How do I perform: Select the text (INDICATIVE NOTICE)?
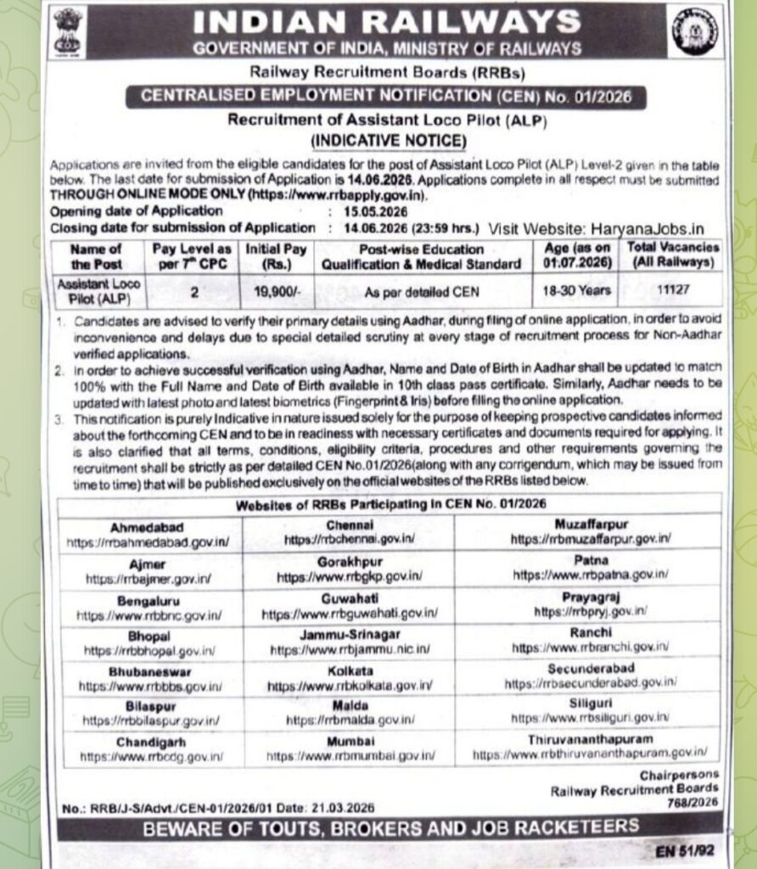pos(388,140)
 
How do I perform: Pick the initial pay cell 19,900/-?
pos(277,291)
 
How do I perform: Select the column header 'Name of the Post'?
pos(96,255)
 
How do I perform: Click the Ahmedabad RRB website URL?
pos(147,541)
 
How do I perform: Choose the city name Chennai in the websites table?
pos(349,525)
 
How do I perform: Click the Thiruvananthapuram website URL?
pos(590,753)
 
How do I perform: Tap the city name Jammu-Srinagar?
pos(349,634)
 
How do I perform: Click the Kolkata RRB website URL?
pos(350,685)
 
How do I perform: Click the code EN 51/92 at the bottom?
pos(685,849)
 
